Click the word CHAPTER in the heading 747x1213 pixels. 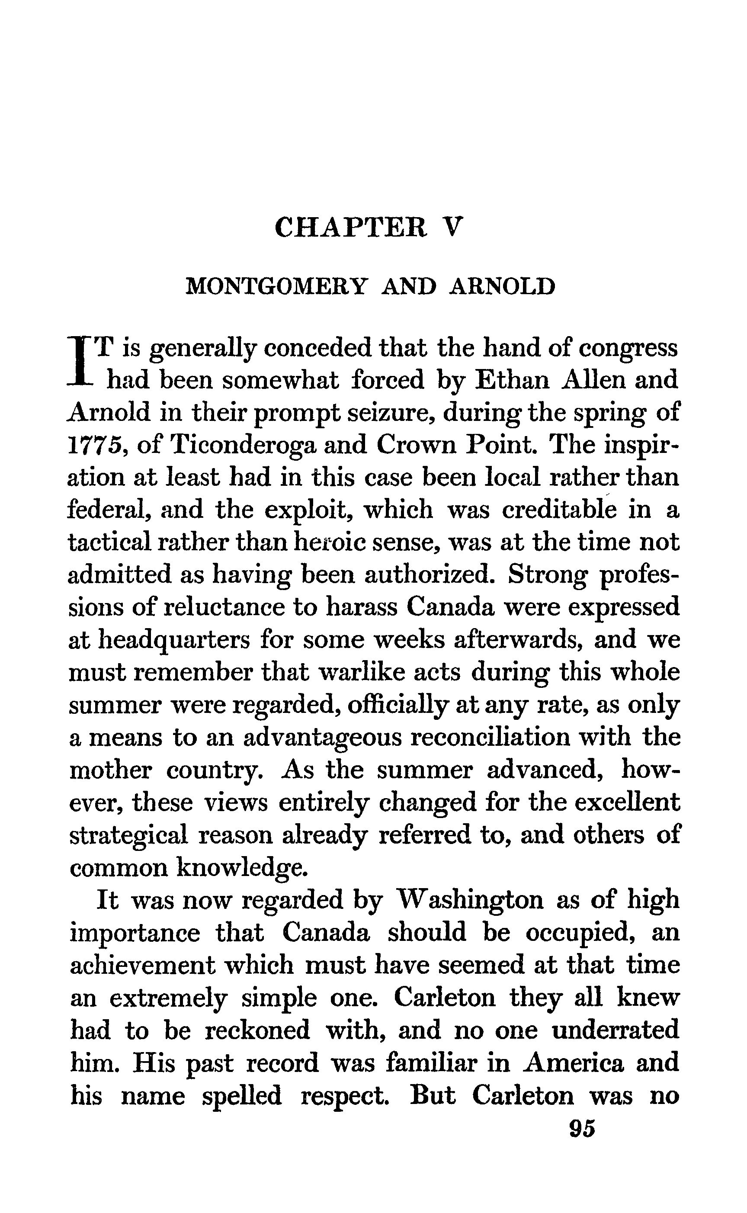(350, 228)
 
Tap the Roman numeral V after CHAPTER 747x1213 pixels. (452, 228)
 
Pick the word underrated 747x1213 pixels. (615, 1030)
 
